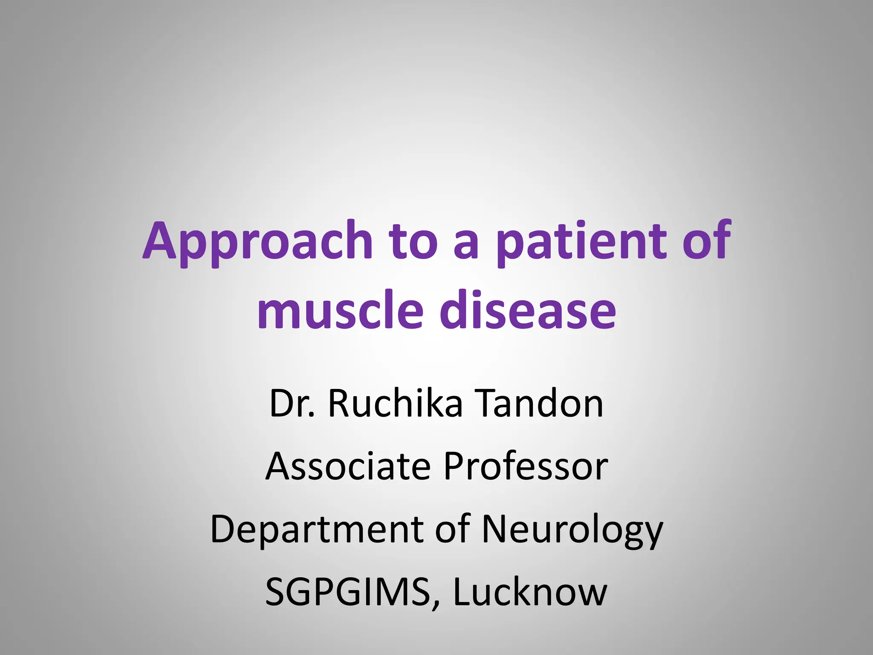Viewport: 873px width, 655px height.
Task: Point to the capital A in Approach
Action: pyautogui.click(x=159, y=241)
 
